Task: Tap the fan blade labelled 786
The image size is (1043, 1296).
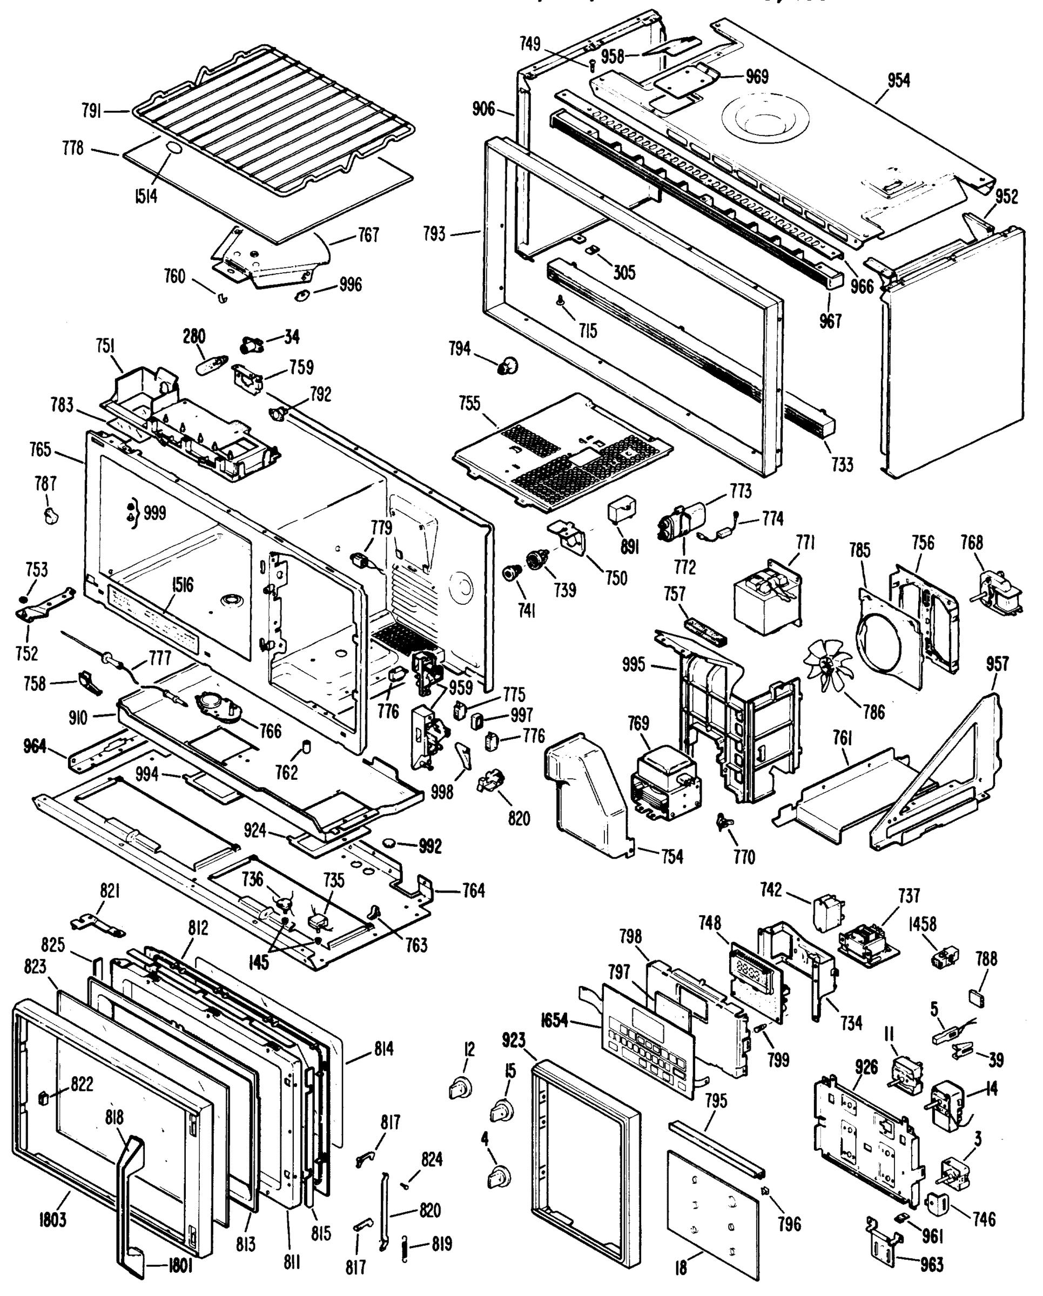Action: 829,665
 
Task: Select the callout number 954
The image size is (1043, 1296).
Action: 898,80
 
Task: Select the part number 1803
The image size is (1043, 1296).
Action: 52,1220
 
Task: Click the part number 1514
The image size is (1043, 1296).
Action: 145,195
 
